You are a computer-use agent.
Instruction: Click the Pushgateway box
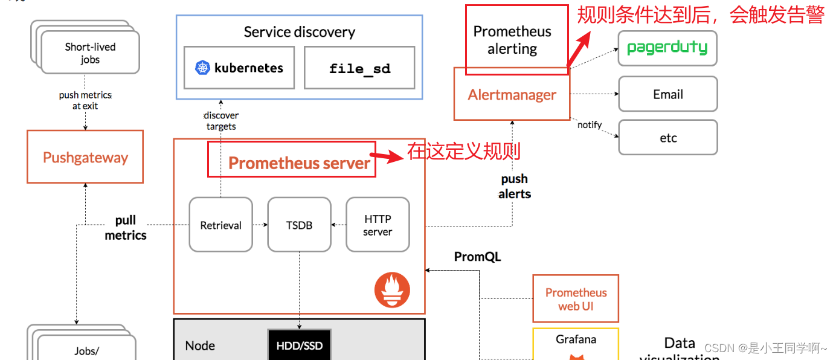click(85, 157)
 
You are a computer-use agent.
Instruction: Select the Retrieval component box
click(220, 225)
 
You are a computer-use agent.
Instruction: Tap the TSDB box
click(299, 225)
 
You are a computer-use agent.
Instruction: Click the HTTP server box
click(378, 225)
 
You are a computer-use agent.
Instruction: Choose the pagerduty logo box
click(667, 48)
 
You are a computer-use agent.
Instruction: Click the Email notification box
click(667, 94)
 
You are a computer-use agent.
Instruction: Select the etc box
click(667, 138)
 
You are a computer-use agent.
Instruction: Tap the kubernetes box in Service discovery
click(239, 68)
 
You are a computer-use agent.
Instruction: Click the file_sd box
click(359, 68)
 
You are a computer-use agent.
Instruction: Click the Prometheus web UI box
click(576, 299)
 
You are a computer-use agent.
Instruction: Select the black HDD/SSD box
click(299, 346)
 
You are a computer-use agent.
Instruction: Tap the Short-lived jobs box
click(90, 53)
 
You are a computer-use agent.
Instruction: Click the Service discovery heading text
click(299, 32)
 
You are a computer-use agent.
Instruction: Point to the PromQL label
click(477, 257)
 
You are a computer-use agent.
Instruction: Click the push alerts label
click(514, 186)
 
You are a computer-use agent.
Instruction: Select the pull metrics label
click(126, 228)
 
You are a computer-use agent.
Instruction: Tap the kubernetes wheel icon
click(202, 68)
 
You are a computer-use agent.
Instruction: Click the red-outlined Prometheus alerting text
click(512, 40)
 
